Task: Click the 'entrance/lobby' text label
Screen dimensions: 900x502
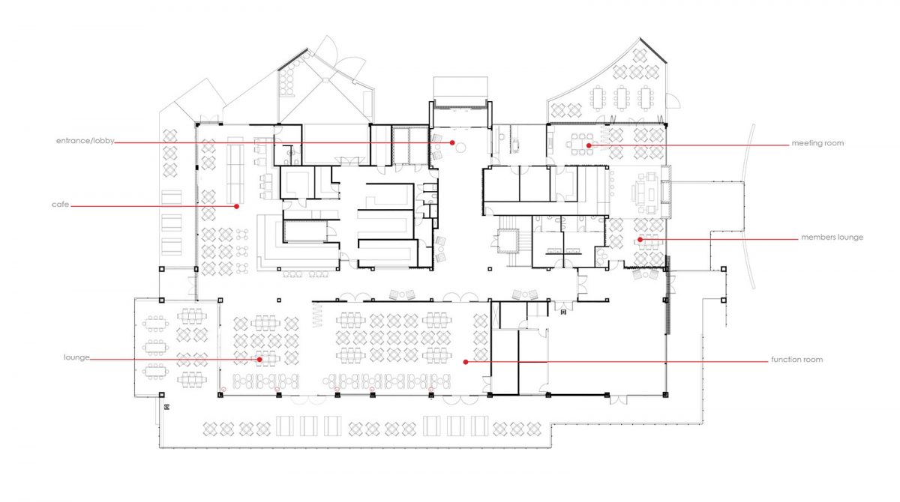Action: [x=85, y=142]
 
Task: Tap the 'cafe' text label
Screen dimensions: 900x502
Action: [x=60, y=205]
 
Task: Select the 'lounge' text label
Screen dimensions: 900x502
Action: [x=76, y=357]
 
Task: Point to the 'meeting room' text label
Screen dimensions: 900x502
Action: [x=817, y=143]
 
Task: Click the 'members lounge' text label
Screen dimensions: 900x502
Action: [x=832, y=238]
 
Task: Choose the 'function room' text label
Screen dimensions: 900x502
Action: [x=796, y=360]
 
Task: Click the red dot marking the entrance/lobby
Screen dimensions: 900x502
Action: [x=452, y=143]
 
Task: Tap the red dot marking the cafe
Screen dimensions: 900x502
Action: [x=237, y=207]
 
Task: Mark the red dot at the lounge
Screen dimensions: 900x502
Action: [x=259, y=360]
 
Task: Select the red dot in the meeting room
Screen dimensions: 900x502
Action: [x=589, y=145]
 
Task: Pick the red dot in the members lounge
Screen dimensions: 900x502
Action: [x=640, y=240]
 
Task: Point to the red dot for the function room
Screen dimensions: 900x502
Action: [x=466, y=362]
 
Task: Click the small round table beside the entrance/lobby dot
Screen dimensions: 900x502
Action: [x=461, y=148]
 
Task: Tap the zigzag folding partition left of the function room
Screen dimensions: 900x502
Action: [x=317, y=315]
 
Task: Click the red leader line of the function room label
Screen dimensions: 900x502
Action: [x=616, y=362]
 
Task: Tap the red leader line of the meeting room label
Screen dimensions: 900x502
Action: [x=688, y=145]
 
